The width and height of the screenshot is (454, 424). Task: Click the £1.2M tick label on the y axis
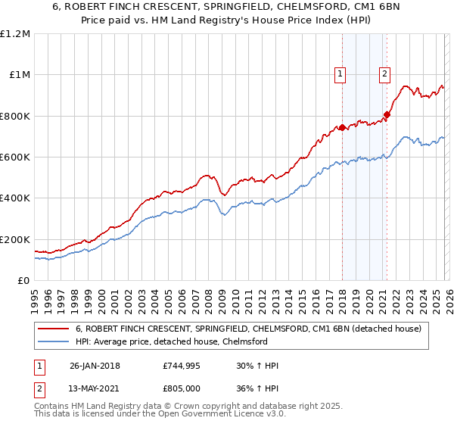[15, 34]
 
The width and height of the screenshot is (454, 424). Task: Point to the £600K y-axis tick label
[15, 157]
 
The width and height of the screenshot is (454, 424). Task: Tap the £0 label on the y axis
[23, 281]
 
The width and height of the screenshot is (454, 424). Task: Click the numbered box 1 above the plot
[340, 73]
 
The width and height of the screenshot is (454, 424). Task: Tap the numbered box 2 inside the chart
[384, 73]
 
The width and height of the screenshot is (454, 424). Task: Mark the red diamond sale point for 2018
[342, 127]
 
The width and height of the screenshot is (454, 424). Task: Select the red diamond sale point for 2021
[387, 115]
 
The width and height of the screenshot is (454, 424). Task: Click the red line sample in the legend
[54, 329]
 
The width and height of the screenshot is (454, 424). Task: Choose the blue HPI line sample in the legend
[54, 341]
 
